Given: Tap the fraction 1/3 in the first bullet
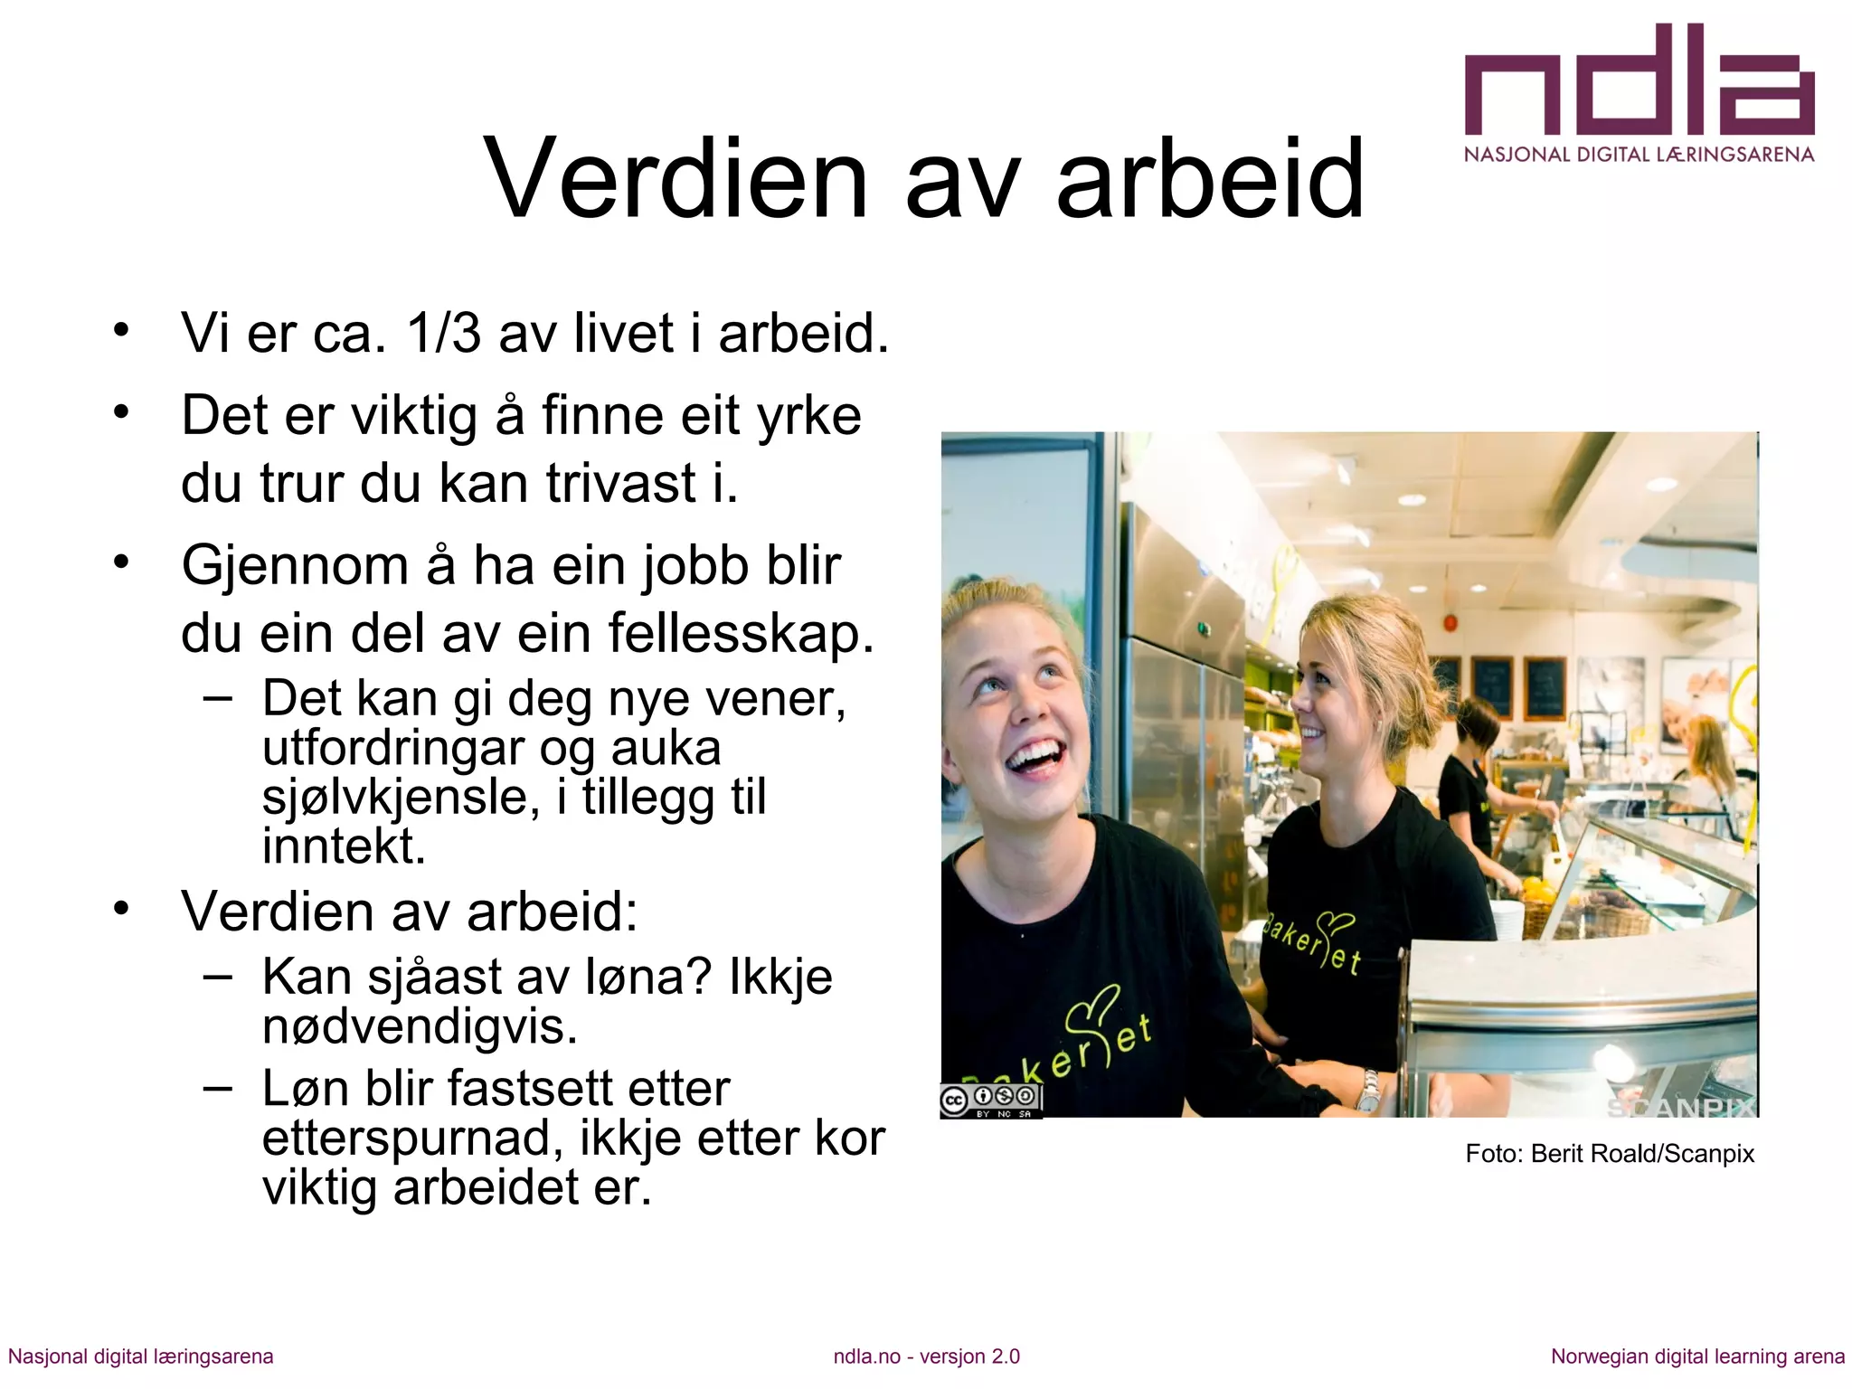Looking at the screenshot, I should click(444, 334).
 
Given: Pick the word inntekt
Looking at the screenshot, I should click(344, 846).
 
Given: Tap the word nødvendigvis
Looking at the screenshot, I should click(420, 1026).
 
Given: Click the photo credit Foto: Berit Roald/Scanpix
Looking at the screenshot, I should click(1610, 1154).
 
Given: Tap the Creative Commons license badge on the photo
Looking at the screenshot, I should click(991, 1101).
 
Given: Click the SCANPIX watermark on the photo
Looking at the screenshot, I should click(1680, 1108).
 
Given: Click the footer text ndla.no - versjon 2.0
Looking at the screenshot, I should click(926, 1356).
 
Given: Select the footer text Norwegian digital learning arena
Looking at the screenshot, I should click(1697, 1356).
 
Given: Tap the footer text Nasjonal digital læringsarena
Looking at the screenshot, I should click(141, 1356).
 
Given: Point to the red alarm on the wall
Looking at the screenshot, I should click(1452, 623).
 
